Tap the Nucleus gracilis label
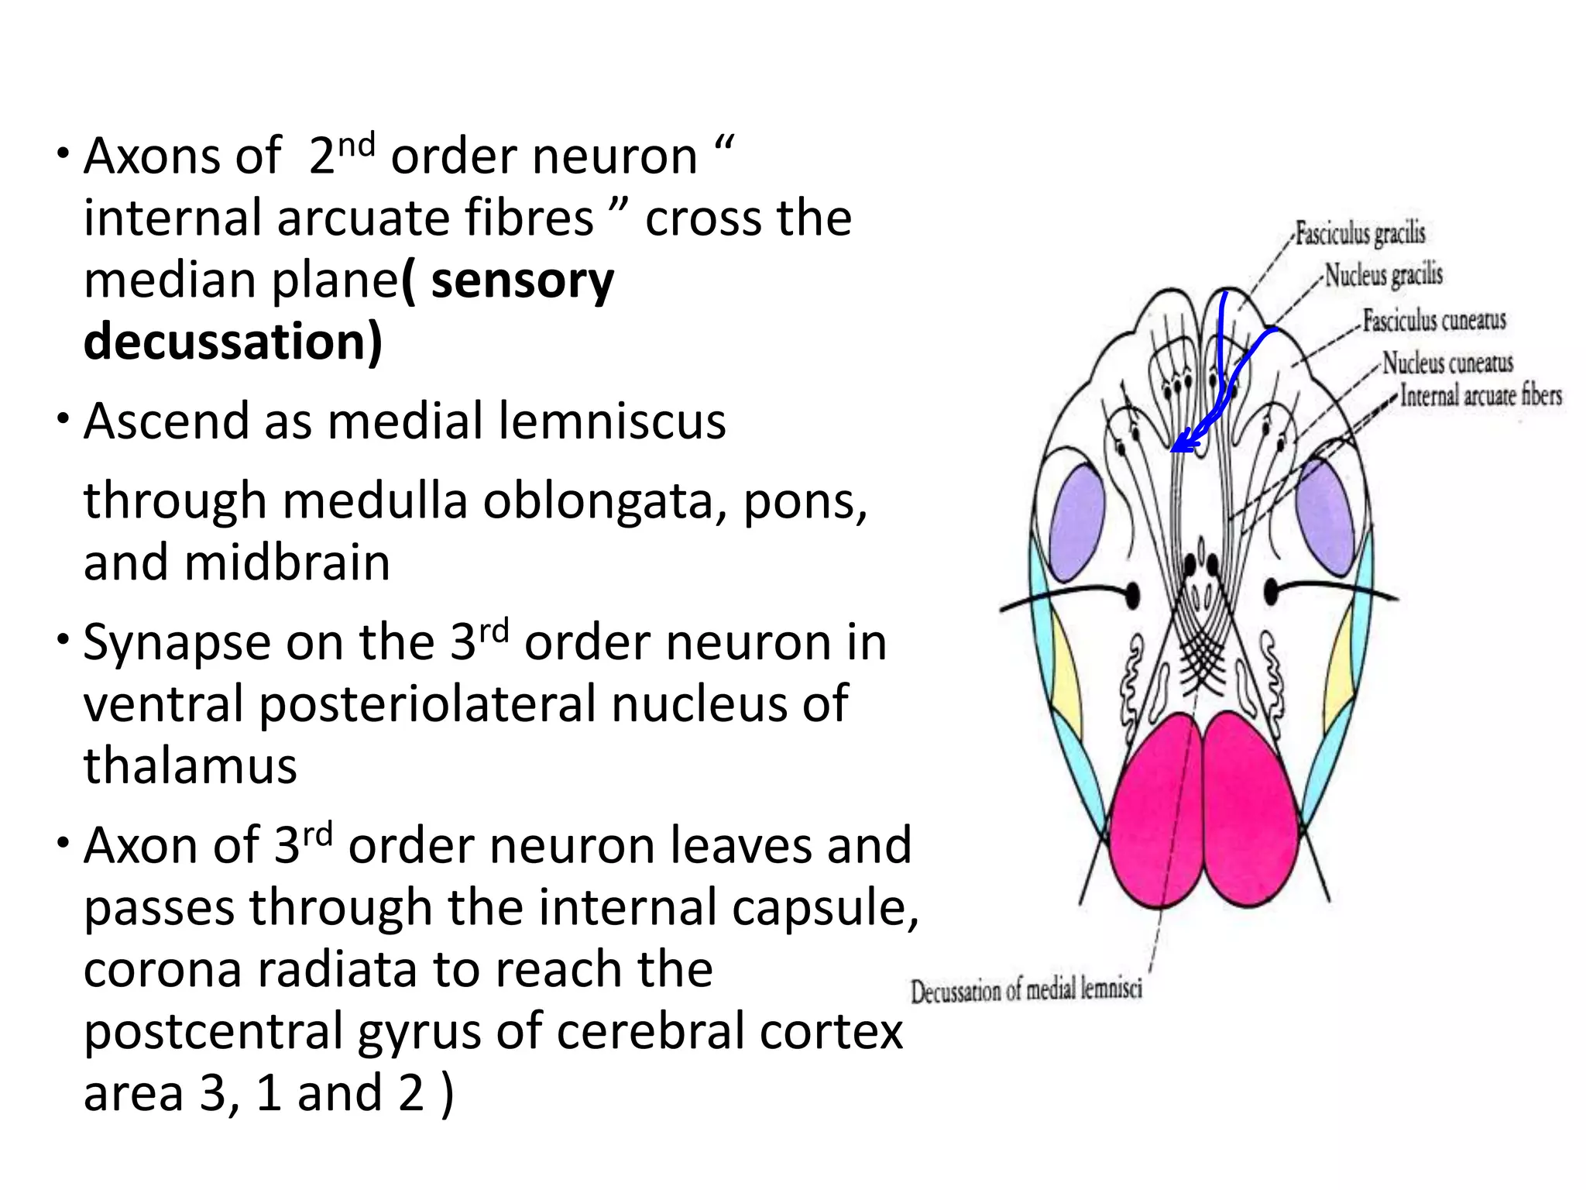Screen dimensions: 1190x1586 pyautogui.click(x=1383, y=275)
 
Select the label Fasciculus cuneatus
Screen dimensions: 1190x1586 pyautogui.click(x=1434, y=320)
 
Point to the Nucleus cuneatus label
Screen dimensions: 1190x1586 pyautogui.click(x=1447, y=363)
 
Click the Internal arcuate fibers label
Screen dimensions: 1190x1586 pyautogui.click(x=1481, y=396)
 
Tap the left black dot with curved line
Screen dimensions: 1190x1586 pyautogui.click(x=1131, y=595)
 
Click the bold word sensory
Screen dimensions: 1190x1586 pyautogui.click(x=522, y=280)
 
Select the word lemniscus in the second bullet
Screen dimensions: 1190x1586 pyautogui.click(x=612, y=421)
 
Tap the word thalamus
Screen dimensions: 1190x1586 pyautogui.click(x=191, y=765)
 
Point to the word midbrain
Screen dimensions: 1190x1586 pyautogui.click(x=287, y=562)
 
